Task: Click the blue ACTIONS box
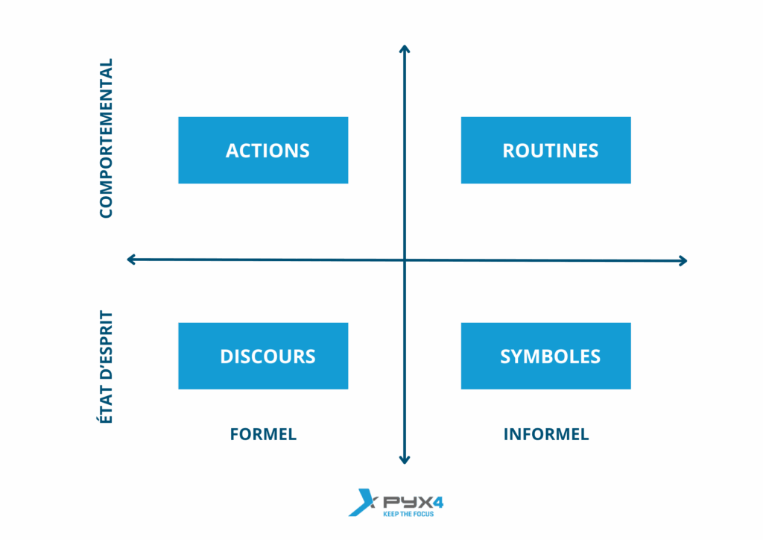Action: pos(263,150)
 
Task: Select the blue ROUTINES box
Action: pos(546,150)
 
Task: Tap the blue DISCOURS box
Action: pos(263,356)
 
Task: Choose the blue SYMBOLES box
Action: pos(546,356)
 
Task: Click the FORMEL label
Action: pos(263,434)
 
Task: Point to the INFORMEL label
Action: pos(546,434)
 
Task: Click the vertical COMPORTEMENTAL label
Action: pos(106,138)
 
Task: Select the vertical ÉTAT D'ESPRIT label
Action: pos(106,367)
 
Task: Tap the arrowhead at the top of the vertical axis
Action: pos(405,47)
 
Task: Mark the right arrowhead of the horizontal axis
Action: pos(686,261)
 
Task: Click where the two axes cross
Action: pos(405,260)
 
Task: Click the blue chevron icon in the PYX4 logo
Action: pos(361,503)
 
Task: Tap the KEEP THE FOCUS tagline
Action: pos(408,514)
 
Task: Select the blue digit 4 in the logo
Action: pos(438,502)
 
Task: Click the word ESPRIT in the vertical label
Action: pos(106,336)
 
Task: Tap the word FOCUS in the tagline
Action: pos(423,514)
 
